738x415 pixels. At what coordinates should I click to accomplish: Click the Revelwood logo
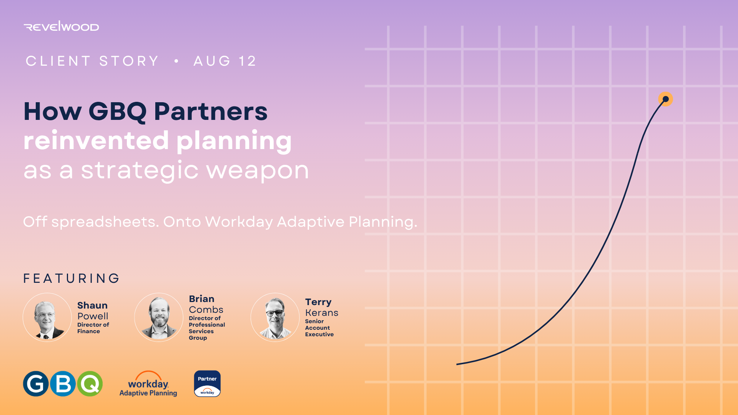tap(61, 26)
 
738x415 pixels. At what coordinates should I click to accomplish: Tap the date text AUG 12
tap(225, 61)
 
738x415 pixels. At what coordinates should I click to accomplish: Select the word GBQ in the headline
tap(118, 112)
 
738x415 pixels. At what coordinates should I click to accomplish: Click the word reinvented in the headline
tap(96, 141)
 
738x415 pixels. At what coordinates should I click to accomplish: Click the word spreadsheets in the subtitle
tap(105, 222)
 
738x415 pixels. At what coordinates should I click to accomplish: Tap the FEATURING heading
tap(71, 278)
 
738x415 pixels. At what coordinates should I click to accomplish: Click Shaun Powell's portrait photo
tap(47, 317)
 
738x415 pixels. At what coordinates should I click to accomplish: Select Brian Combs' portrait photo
tap(159, 317)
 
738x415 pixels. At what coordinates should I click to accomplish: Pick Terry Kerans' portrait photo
tap(275, 317)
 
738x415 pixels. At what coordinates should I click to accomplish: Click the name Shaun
tap(92, 305)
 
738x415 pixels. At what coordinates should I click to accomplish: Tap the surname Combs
tap(206, 310)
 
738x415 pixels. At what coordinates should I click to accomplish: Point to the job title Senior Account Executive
tap(319, 328)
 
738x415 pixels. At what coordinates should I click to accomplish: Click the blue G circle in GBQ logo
tap(36, 383)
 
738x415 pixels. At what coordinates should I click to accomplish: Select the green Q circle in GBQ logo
tap(90, 383)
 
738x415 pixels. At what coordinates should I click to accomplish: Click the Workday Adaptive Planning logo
tap(148, 383)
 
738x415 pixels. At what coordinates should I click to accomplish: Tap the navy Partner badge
tap(207, 383)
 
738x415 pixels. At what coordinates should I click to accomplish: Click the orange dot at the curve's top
tap(666, 99)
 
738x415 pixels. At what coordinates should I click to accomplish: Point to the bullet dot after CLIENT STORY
tap(176, 61)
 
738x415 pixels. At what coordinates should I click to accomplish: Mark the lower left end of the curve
tap(457, 364)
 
